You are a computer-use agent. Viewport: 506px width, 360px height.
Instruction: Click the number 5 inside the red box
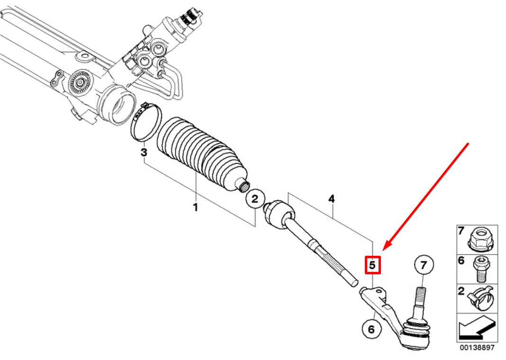(372, 266)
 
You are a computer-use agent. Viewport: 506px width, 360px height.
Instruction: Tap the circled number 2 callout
(255, 199)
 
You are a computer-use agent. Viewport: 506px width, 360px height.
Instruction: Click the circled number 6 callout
(371, 328)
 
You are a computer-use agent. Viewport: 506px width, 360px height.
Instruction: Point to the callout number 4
(332, 199)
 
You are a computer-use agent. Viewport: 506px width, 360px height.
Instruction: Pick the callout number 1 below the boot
(195, 207)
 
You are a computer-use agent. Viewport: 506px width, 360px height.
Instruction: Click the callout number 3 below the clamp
(144, 153)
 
